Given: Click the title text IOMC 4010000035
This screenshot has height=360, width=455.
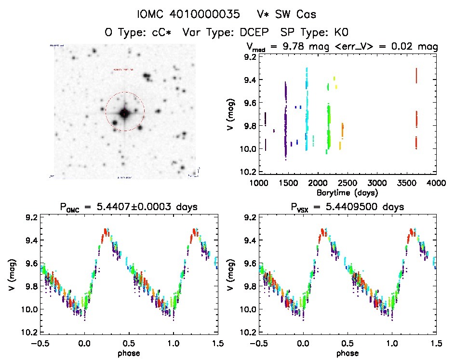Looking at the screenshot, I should [188, 14].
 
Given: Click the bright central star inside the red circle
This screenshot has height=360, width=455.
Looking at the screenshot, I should [124, 113].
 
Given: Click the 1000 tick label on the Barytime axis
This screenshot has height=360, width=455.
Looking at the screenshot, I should [259, 183].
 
